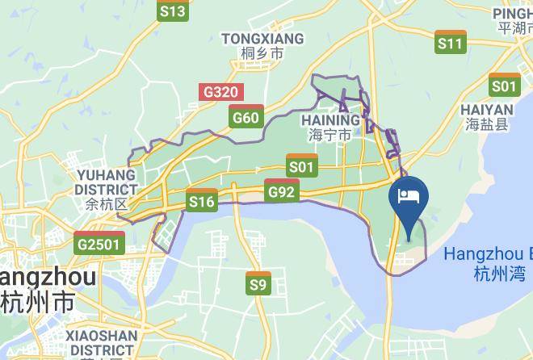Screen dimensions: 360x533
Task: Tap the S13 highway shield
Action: pyautogui.click(x=173, y=10)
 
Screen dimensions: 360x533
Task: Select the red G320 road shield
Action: pyautogui.click(x=220, y=92)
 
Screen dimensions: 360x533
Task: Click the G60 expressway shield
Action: pyautogui.click(x=246, y=118)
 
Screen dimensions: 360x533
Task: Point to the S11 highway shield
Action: pyautogui.click(x=451, y=43)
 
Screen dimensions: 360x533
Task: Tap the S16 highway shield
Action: pyautogui.click(x=201, y=201)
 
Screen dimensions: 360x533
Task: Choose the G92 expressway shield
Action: pyautogui.click(x=282, y=191)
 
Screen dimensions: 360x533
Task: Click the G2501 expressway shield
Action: pyautogui.click(x=100, y=243)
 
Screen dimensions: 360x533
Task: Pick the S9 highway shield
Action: pyautogui.click(x=258, y=284)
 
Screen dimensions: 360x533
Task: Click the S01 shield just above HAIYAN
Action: pyautogui.click(x=505, y=85)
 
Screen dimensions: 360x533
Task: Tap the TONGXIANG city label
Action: pyautogui.click(x=262, y=39)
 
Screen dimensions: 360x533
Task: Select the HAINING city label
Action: pyautogui.click(x=329, y=119)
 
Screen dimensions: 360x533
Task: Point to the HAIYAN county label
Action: pyautogui.click(x=487, y=109)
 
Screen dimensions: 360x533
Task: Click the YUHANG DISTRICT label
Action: pyautogui.click(x=106, y=182)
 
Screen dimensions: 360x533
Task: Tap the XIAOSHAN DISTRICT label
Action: pyautogui.click(x=101, y=342)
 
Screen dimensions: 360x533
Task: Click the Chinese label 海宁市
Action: pyautogui.click(x=330, y=136)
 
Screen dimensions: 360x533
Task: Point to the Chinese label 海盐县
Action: pyautogui.click(x=487, y=124)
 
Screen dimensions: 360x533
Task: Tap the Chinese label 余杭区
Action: pyautogui.click(x=107, y=205)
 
